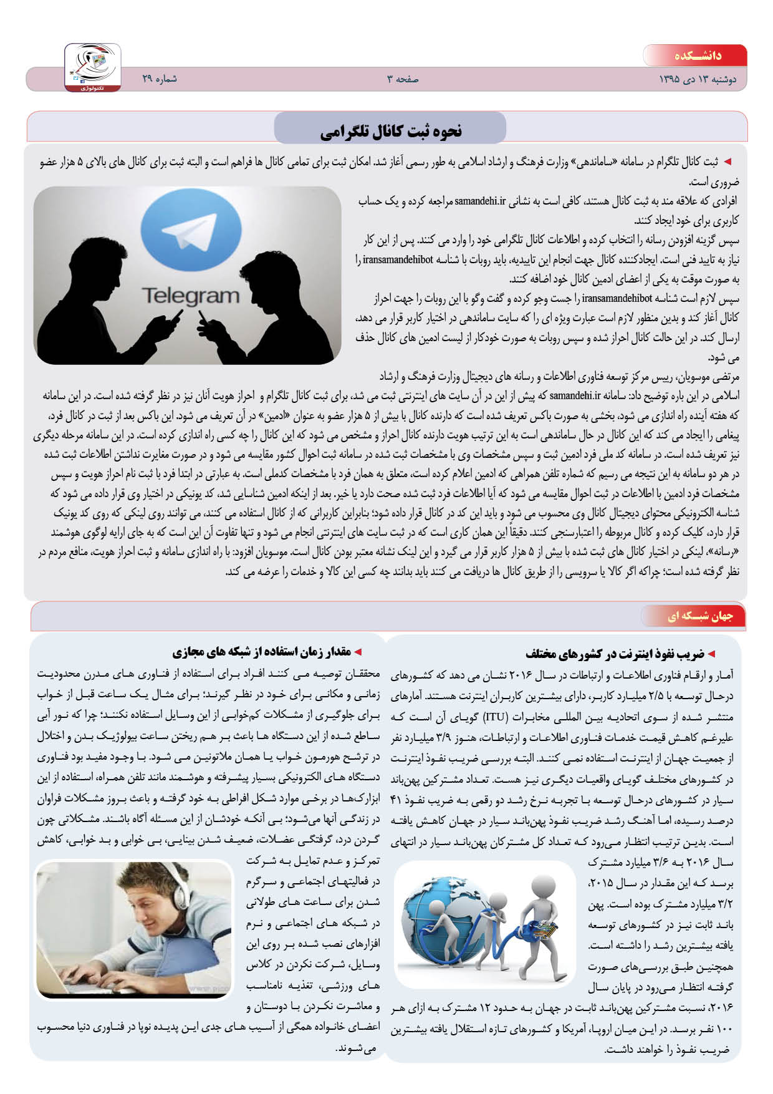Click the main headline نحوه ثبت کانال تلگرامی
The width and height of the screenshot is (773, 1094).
pyautogui.click(x=390, y=131)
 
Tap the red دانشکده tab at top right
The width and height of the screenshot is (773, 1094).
pyautogui.click(x=697, y=56)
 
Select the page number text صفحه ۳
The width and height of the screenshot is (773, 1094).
pyautogui.click(x=403, y=79)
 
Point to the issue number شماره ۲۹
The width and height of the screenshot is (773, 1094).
pyautogui.click(x=160, y=79)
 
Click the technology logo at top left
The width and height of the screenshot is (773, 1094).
pyautogui.click(x=92, y=67)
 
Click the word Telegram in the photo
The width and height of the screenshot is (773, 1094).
pyautogui.click(x=190, y=296)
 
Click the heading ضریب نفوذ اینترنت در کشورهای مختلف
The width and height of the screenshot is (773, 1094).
pyautogui.click(x=615, y=654)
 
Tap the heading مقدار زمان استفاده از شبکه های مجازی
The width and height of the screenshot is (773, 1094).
pyautogui.click(x=262, y=652)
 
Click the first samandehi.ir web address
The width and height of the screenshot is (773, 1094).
pyautogui.click(x=480, y=201)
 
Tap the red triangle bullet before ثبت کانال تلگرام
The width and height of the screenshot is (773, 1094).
pyautogui.click(x=727, y=162)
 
